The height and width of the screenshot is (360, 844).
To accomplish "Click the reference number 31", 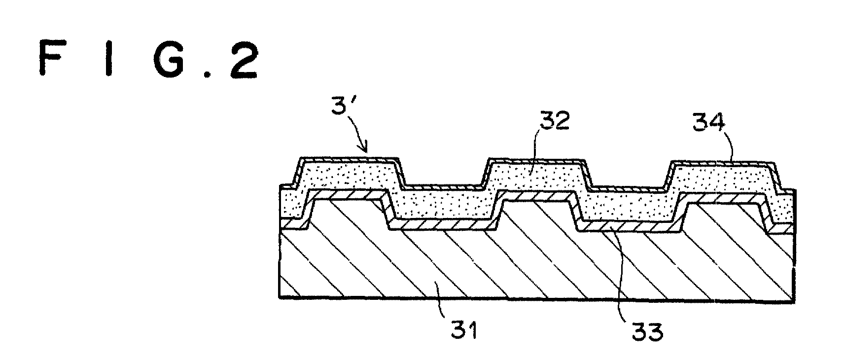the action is pyautogui.click(x=464, y=330).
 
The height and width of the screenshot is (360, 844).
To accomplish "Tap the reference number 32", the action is pyautogui.click(x=555, y=120).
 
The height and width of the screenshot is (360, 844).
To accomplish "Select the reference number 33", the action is pyautogui.click(x=647, y=332).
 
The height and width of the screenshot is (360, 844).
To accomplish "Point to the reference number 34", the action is pyautogui.click(x=709, y=122).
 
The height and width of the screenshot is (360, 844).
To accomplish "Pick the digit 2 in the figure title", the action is pyautogui.click(x=244, y=60).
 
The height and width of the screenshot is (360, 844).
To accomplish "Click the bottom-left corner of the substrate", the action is pyautogui.click(x=279, y=298).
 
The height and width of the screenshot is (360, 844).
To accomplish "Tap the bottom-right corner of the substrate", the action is pyautogui.click(x=794, y=302).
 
